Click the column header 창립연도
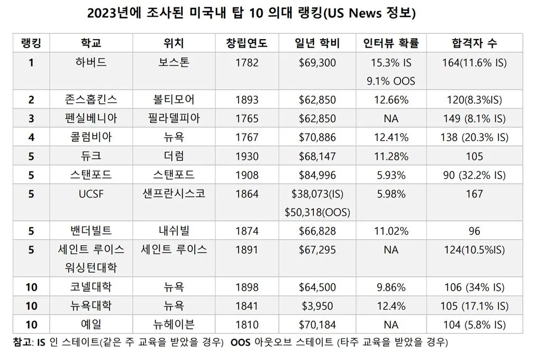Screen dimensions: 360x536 point(247,43)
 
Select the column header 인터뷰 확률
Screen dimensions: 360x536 point(390,43)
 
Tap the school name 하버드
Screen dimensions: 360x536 point(91,62)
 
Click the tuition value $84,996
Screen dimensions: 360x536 point(317,175)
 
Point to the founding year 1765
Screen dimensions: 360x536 point(247,119)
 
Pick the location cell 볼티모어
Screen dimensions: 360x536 point(174,100)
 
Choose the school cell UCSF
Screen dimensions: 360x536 point(91,194)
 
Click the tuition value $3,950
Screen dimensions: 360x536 point(317,306)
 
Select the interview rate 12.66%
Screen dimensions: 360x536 point(390,100)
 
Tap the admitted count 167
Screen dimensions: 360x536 point(474,194)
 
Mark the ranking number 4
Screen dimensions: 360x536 point(31,137)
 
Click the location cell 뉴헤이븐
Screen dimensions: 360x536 point(174,325)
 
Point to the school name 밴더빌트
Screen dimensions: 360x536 point(91,231)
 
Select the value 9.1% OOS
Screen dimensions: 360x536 point(390,82)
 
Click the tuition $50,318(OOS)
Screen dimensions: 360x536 point(317,212)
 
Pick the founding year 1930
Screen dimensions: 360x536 point(247,156)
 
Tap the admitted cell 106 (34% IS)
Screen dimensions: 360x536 point(474,287)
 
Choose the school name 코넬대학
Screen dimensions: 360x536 point(91,287)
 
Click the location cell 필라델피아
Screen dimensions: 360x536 point(174,119)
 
